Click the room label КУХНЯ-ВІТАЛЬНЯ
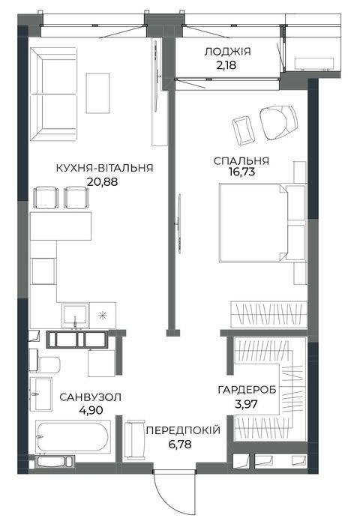pos(104,167)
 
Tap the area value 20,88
pos(102,182)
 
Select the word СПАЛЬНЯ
pos(241,160)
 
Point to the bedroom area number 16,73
pos(241,172)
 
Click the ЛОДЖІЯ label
pos(228,52)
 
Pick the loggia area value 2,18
pos(226,64)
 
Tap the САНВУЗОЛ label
pos(91,397)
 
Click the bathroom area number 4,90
pos(91,410)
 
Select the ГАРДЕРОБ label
pos(247,390)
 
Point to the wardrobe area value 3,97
pos(246,404)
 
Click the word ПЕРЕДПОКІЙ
pos(183,430)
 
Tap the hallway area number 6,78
pos(180,445)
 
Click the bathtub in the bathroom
pos(73,437)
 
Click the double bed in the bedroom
pos(262,223)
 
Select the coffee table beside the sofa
pos(97,94)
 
